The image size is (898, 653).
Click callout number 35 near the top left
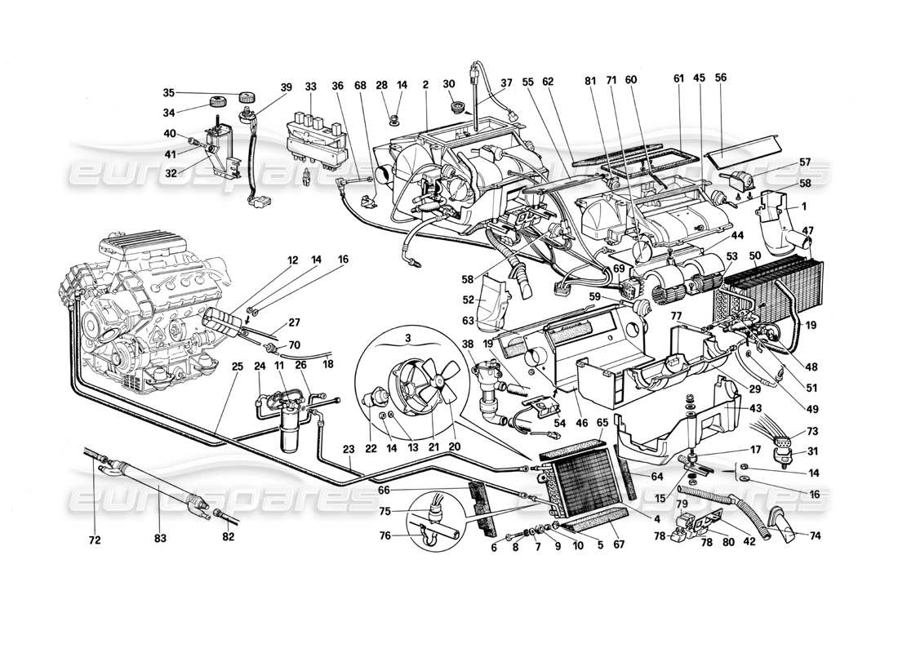168,92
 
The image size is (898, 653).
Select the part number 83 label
160,539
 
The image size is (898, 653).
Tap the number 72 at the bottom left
95,539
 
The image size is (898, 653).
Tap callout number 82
228,539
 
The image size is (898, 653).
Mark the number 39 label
286,87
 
